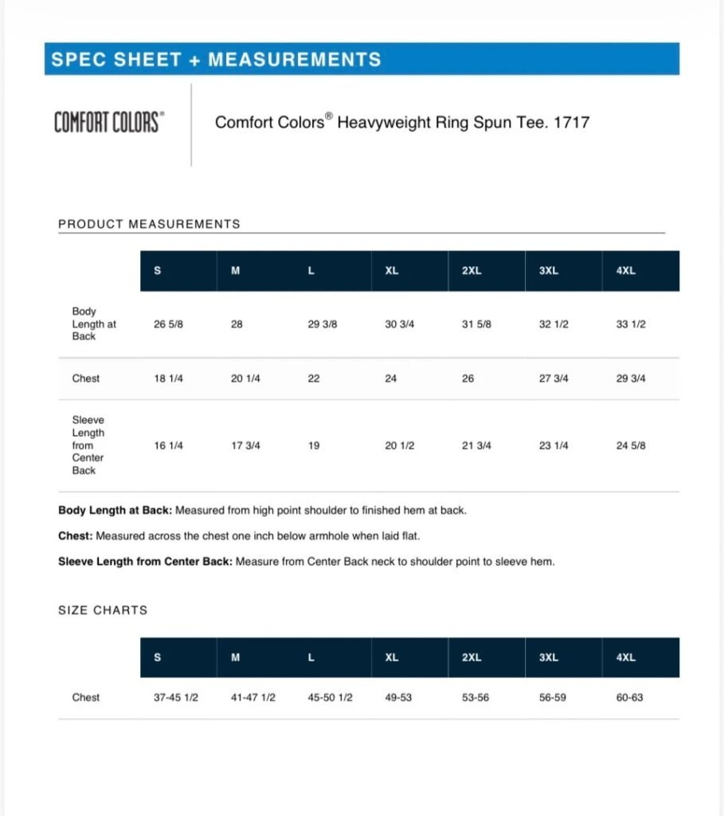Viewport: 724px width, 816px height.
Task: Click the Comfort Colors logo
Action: (x=109, y=123)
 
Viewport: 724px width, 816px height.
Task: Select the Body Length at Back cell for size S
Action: (x=168, y=324)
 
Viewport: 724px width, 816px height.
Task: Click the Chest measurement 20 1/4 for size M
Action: (x=245, y=379)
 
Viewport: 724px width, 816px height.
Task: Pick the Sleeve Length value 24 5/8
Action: (x=631, y=445)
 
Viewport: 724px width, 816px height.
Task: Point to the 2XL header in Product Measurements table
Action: (x=472, y=271)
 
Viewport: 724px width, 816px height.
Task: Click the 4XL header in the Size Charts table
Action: (x=626, y=658)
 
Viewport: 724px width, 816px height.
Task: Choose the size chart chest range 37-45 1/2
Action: (x=175, y=697)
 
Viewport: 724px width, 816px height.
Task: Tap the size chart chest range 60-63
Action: (x=629, y=697)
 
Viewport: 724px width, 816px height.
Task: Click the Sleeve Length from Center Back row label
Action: (x=88, y=445)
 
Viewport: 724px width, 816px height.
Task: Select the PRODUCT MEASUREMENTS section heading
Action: (x=149, y=224)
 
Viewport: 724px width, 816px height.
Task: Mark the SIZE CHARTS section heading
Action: (x=103, y=610)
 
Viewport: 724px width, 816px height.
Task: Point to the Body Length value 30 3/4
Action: (x=400, y=324)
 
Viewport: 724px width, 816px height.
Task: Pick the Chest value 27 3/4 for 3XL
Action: (x=554, y=379)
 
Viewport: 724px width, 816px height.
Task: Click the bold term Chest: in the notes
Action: (x=76, y=536)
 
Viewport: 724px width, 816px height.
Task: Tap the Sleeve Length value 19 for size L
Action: (x=314, y=445)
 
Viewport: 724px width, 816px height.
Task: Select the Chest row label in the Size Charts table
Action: (x=86, y=697)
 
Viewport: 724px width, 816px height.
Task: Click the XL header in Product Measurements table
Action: (x=392, y=271)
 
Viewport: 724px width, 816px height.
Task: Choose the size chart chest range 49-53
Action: (x=398, y=697)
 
